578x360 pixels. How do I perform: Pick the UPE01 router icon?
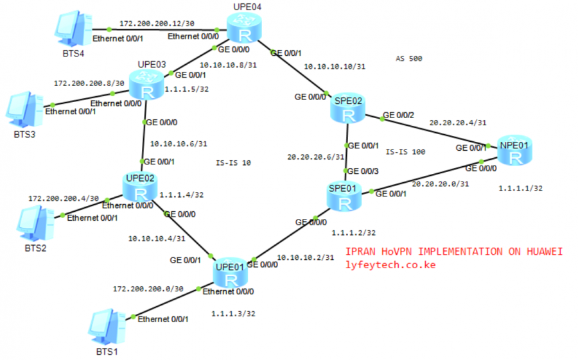pos(231,275)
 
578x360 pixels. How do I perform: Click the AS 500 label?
pos(409,58)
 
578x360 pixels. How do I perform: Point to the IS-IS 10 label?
pos(234,163)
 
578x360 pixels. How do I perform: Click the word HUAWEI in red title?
pos(540,252)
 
